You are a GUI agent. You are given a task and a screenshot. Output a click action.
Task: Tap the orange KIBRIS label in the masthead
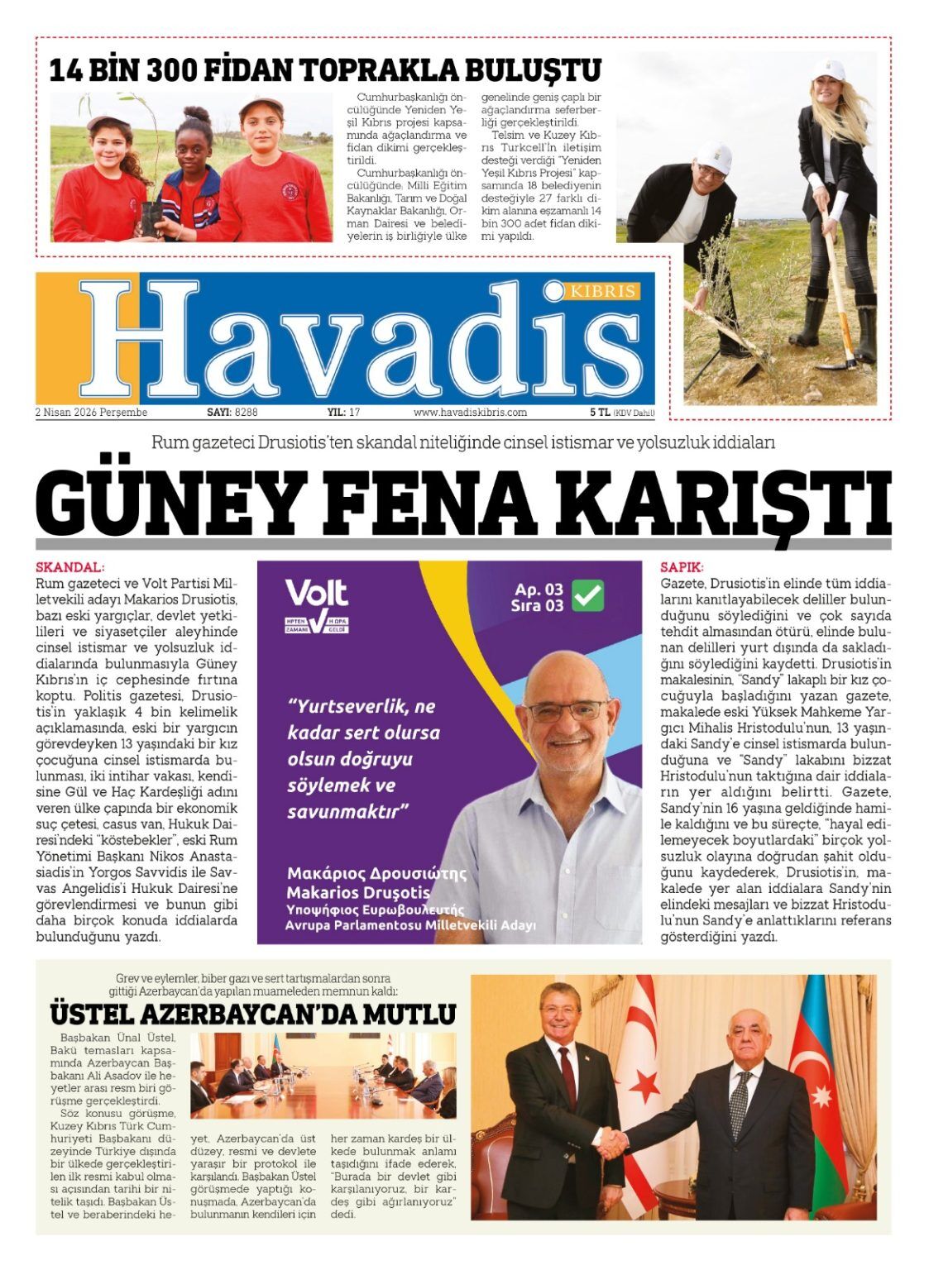click(607, 291)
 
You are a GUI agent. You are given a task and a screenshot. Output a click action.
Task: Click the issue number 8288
click(247, 412)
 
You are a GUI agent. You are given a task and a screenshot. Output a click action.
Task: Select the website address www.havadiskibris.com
click(470, 412)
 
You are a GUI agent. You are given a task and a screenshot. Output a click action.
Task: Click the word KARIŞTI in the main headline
click(731, 504)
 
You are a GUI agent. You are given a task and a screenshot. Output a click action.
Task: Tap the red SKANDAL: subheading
click(70, 567)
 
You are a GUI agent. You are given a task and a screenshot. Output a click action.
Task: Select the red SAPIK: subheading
click(682, 567)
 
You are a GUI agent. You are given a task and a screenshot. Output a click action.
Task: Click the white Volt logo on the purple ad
click(316, 593)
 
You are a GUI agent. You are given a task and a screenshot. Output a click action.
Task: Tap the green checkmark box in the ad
click(588, 595)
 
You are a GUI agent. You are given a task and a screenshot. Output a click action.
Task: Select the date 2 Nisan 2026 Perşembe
click(91, 412)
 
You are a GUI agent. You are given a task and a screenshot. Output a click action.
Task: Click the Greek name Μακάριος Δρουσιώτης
click(376, 873)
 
